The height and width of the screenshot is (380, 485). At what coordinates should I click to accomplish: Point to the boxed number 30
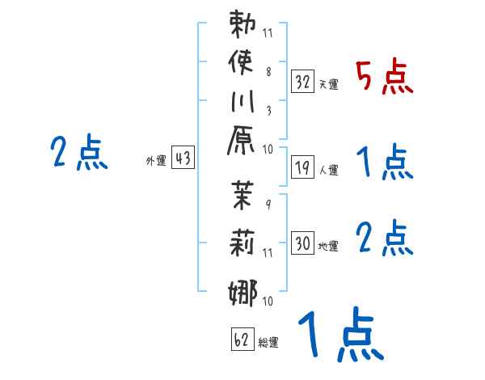point(303,243)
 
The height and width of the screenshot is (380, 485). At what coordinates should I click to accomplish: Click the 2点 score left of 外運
point(79,153)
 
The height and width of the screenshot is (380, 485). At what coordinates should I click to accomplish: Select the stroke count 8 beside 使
point(268,71)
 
